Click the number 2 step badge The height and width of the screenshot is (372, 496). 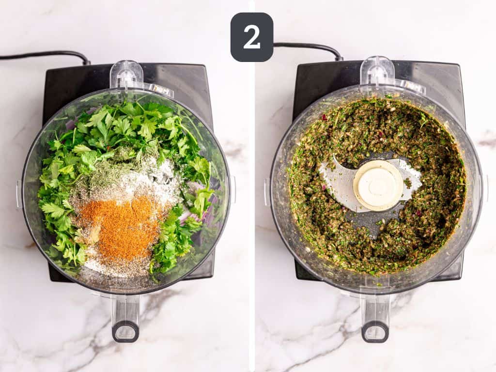pyautogui.click(x=251, y=37)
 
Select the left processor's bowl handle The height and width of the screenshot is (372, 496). pyautogui.click(x=125, y=317)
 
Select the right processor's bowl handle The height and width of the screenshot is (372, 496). pyautogui.click(x=375, y=317)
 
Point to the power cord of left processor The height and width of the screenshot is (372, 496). pyautogui.click(x=44, y=55)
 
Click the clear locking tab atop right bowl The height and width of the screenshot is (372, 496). pyautogui.click(x=377, y=71)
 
